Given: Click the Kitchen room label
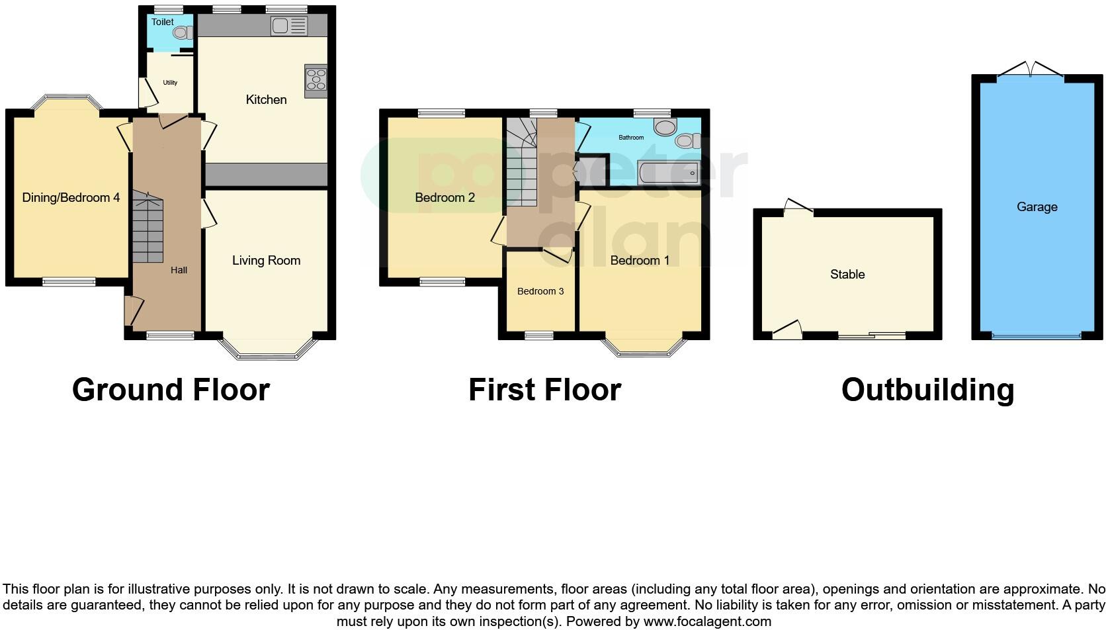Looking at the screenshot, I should (266, 100).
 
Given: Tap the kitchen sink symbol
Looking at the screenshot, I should (289, 26).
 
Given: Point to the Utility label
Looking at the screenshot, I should (170, 83).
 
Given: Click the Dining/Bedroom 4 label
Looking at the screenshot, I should (71, 197).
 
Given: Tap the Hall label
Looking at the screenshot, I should (179, 270).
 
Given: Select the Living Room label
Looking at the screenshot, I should (266, 261).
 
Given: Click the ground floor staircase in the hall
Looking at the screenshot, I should (148, 228).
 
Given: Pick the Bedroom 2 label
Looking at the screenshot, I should (445, 197).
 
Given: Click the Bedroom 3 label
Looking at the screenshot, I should (540, 291).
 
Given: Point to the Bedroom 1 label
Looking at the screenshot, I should (639, 261).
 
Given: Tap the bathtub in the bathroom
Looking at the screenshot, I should (668, 173).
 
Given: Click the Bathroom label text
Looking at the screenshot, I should (630, 138).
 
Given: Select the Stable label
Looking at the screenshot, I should (847, 274).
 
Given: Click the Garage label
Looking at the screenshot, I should (1037, 207).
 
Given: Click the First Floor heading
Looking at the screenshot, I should (544, 390).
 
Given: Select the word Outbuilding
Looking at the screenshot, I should (927, 390).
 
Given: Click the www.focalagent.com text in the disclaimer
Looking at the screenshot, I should (707, 621).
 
